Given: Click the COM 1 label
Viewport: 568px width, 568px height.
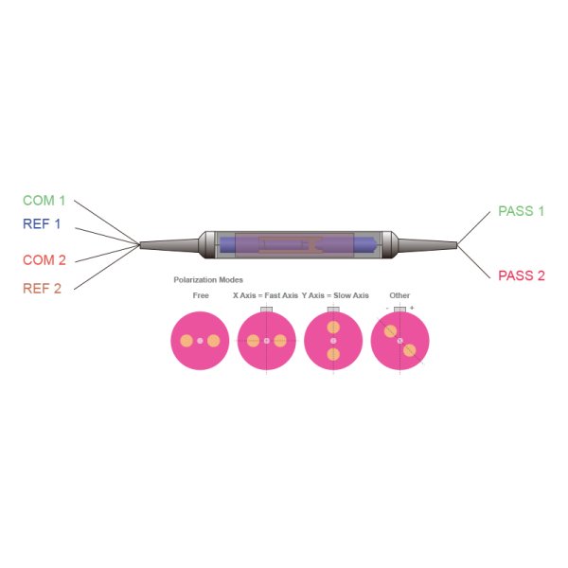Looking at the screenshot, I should [44, 201].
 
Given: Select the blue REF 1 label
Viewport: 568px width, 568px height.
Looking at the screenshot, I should [42, 224].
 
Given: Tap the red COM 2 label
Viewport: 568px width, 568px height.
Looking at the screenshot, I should [44, 259].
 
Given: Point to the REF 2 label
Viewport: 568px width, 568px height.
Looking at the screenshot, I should [42, 288].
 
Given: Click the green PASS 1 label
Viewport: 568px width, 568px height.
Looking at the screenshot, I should [522, 211].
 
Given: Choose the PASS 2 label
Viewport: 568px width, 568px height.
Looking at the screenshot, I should [522, 275].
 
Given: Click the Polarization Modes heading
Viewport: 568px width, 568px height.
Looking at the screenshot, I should [208, 280].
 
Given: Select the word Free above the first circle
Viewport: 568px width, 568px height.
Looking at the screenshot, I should [200, 295].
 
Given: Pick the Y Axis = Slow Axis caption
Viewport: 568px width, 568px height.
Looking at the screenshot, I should [335, 295].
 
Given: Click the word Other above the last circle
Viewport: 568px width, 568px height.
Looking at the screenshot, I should [399, 295].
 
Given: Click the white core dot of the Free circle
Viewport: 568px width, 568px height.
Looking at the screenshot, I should [200, 341].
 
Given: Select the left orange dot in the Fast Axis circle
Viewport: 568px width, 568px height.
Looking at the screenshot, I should [253, 341].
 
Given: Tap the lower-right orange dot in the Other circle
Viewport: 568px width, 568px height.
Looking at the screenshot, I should [410, 350].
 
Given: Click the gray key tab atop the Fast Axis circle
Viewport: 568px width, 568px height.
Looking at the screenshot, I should [267, 310].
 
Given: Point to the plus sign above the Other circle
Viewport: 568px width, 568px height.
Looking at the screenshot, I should [412, 308].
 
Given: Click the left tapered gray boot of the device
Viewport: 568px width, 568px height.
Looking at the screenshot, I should [170, 244].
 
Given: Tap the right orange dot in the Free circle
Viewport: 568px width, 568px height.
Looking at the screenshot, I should [214, 341].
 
